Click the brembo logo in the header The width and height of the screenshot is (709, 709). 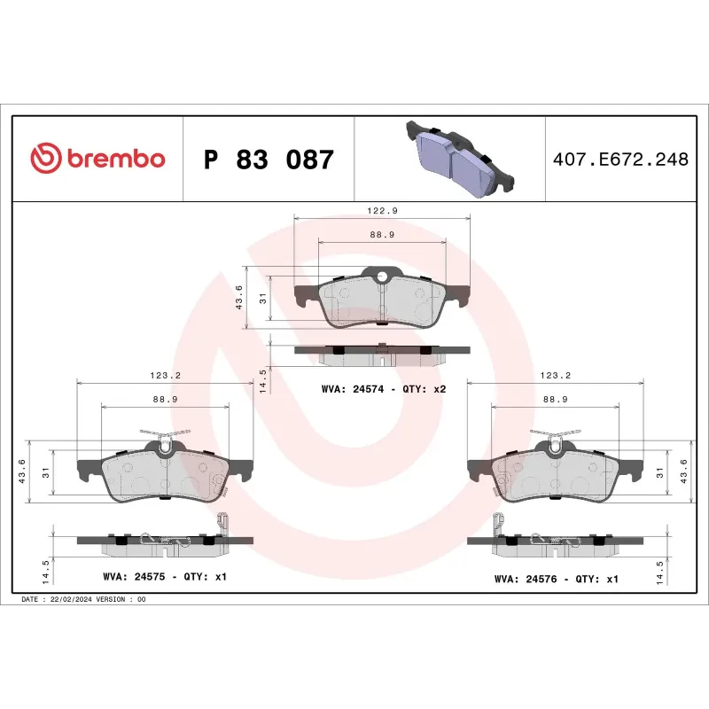[x=97, y=160]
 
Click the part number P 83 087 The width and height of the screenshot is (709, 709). [x=269, y=160]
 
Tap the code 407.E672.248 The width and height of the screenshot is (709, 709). [x=620, y=160]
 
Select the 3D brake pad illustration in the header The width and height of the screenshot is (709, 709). [x=458, y=157]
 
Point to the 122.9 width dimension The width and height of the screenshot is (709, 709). [x=381, y=211]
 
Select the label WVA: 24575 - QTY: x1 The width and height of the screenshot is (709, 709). [x=166, y=577]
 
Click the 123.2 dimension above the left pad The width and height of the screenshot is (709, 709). [x=166, y=376]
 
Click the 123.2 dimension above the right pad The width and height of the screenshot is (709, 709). [x=555, y=376]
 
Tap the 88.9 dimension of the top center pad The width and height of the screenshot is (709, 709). [x=381, y=235]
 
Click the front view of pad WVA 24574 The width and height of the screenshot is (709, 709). [x=381, y=300]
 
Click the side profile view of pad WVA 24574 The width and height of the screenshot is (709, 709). [x=381, y=354]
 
